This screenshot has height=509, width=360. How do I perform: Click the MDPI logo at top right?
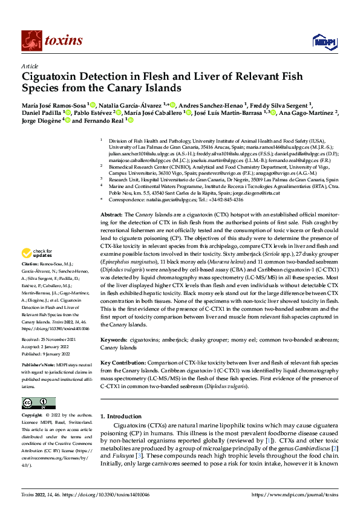click(322, 41)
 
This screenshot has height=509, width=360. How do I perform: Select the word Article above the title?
click(30, 66)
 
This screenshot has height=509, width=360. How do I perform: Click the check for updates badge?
click(38, 270)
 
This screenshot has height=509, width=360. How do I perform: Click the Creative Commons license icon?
click(38, 403)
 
